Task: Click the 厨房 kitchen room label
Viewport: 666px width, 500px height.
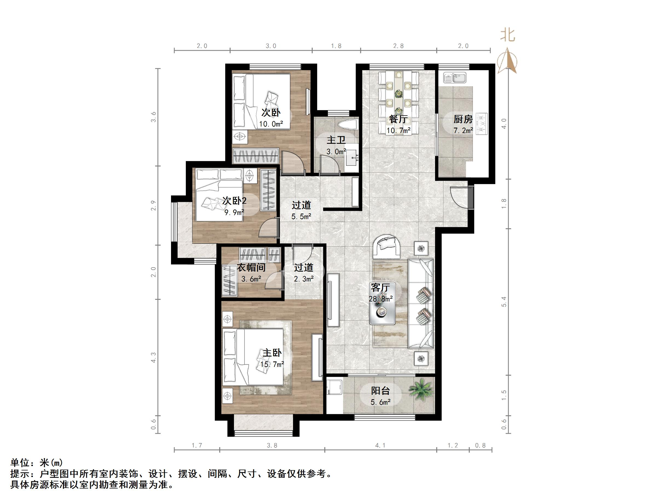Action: [x=463, y=119]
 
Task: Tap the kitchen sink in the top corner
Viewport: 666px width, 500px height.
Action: [x=455, y=78]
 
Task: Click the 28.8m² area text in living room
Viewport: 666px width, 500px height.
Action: [x=381, y=299]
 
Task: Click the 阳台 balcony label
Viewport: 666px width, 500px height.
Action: [x=380, y=391]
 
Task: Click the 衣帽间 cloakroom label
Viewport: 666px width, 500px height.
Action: [x=251, y=268]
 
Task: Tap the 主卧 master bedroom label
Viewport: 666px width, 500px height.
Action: [x=272, y=353]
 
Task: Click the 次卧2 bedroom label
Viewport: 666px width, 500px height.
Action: [x=234, y=201]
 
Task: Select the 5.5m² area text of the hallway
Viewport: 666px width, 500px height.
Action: [x=301, y=216]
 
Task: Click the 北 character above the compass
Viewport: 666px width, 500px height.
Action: [x=508, y=36]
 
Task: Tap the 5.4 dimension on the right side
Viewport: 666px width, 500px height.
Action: [x=504, y=302]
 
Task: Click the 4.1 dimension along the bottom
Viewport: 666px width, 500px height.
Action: [x=380, y=446]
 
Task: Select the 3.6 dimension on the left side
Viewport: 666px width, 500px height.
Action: [x=154, y=117]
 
